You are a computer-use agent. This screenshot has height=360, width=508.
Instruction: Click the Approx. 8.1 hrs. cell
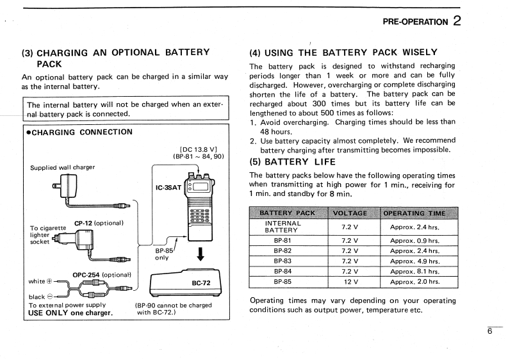point(414,271)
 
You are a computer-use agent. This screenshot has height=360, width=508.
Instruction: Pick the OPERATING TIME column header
point(414,213)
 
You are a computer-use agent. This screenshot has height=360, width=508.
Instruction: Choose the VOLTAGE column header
point(350,213)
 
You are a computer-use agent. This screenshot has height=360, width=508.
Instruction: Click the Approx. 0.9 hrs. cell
point(414,240)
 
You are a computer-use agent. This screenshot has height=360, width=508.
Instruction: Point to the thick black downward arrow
point(201,254)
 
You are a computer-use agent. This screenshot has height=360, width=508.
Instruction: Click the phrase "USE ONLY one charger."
point(70,313)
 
